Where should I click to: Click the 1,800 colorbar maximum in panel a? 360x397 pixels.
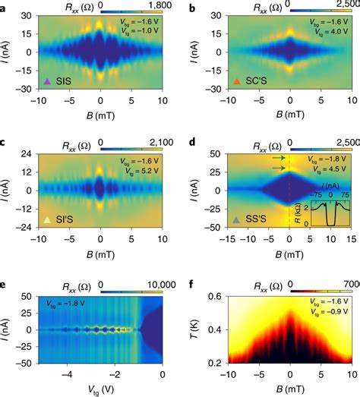click(158, 6)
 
